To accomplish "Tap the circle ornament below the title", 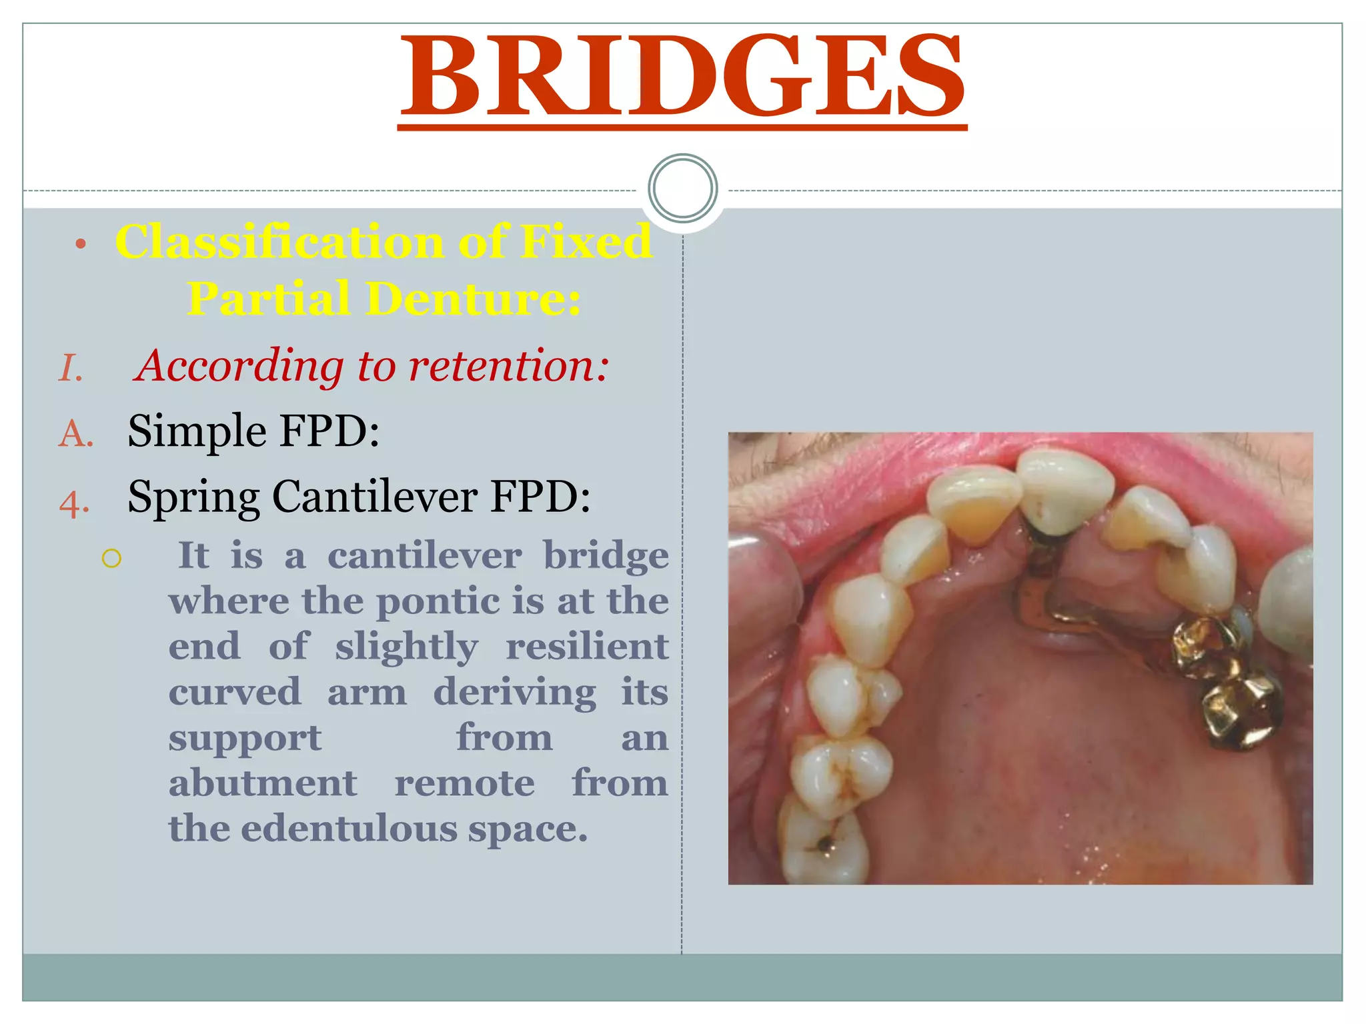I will [x=682, y=188].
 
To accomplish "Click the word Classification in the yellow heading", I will [x=279, y=241].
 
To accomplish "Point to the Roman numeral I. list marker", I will [x=71, y=369].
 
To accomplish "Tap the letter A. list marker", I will [x=75, y=434].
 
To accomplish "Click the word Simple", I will [x=197, y=431].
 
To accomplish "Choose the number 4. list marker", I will [x=74, y=503].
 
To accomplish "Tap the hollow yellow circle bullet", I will [x=111, y=558].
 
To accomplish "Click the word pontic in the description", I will [x=439, y=602].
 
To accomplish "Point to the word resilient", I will [x=586, y=647].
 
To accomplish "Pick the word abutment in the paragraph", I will [x=263, y=783].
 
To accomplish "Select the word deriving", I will [x=514, y=693].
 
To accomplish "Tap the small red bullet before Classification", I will [x=81, y=244].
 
